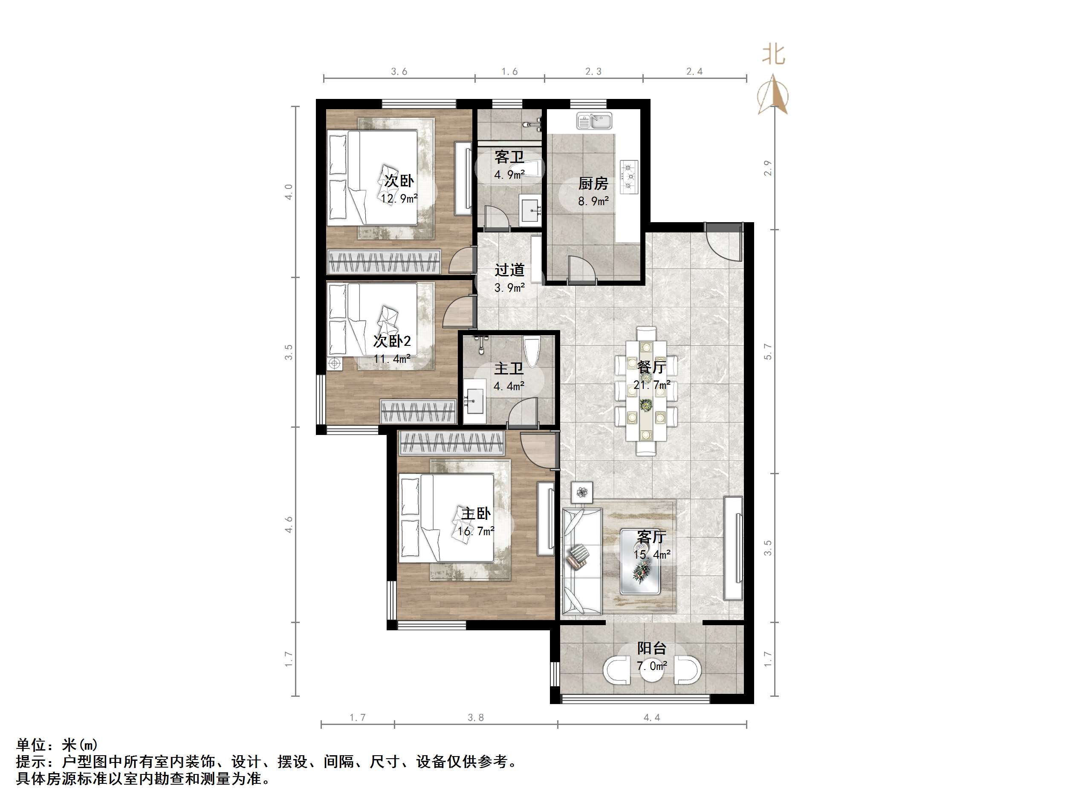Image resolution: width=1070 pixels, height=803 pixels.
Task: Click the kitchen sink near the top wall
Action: click(594, 121)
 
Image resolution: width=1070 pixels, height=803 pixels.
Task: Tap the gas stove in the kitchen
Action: click(629, 177)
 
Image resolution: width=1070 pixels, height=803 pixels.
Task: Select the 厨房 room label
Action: click(593, 183)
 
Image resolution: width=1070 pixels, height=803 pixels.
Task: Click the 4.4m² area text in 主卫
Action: click(509, 386)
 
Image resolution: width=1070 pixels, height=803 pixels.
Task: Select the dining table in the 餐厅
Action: click(646, 391)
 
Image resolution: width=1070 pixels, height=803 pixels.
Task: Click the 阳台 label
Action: click(651, 648)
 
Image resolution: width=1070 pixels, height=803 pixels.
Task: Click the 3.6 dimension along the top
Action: click(399, 72)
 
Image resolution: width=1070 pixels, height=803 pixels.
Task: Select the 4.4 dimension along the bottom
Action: click(651, 717)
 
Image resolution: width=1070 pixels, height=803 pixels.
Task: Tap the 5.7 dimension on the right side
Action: click(768, 352)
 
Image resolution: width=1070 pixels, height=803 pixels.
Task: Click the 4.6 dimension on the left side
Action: click(289, 525)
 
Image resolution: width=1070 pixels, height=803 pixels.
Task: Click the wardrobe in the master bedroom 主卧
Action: click(451, 443)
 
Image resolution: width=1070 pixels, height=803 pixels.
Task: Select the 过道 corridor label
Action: click(509, 270)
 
